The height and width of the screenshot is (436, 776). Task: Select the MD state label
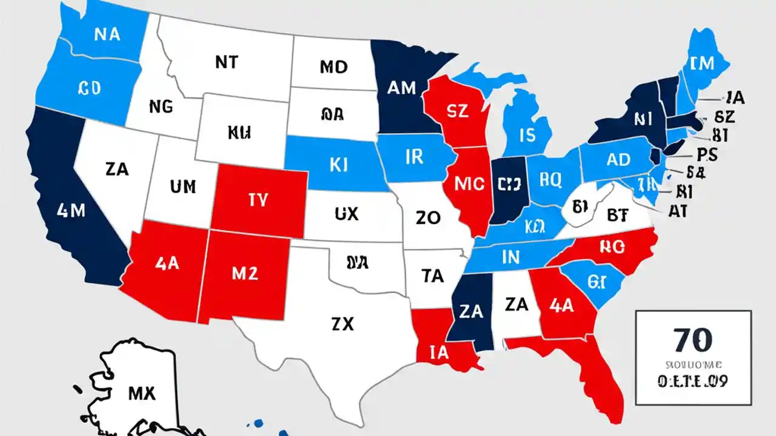[333, 66]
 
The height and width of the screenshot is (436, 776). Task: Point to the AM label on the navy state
[401, 88]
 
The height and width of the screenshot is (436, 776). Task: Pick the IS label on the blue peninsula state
[527, 134]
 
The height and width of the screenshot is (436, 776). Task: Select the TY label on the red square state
[258, 201]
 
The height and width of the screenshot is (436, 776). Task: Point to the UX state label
[346, 213]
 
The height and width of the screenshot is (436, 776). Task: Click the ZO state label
[428, 219]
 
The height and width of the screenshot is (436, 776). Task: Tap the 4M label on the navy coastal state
[72, 211]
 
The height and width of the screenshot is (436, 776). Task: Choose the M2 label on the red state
[245, 273]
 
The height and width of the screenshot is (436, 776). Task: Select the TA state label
[432, 276]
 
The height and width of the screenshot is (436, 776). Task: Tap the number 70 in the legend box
[693, 341]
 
